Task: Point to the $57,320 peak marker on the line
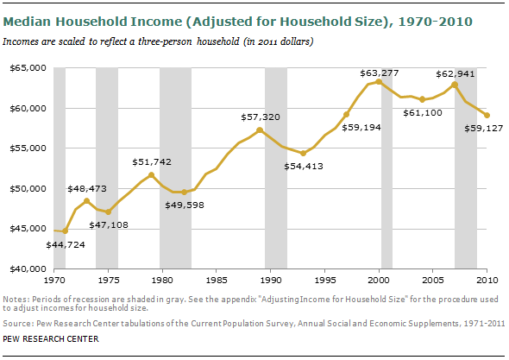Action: pyautogui.click(x=260, y=130)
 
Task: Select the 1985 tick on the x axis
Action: pyautogui.click(x=217, y=281)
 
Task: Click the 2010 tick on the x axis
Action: pyautogui.click(x=487, y=281)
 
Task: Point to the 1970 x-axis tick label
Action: pyautogui.click(x=53, y=281)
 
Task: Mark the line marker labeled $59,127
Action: pyautogui.click(x=487, y=115)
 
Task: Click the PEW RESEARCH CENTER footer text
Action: pyautogui.click(x=50, y=339)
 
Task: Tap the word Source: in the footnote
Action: pyautogui.click(x=16, y=325)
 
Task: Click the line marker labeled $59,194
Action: pyautogui.click(x=347, y=114)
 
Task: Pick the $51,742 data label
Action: pyautogui.click(x=150, y=161)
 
